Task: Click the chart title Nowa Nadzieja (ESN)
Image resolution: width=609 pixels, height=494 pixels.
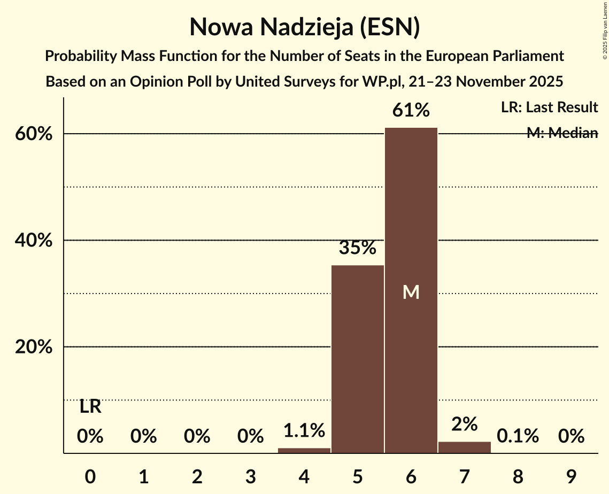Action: click(304, 27)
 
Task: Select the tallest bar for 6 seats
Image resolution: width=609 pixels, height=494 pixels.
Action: click(411, 214)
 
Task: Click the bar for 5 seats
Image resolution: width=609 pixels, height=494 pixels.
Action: click(358, 359)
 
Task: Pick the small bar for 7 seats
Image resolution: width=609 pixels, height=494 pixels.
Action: click(464, 447)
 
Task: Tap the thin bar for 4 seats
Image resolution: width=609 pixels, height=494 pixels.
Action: click(304, 450)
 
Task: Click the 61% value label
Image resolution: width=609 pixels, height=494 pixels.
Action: click(411, 110)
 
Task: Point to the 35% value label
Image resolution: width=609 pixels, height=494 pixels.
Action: click(358, 248)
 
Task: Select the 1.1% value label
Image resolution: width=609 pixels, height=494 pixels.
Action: click(304, 430)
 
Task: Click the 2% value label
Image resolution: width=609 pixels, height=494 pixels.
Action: click(464, 424)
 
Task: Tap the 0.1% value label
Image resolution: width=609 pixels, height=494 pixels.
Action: click(518, 436)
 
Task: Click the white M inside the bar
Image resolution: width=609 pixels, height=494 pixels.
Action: click(411, 292)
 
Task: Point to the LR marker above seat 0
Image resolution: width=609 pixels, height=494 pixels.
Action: click(90, 407)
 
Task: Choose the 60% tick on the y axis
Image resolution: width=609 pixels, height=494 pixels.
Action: click(34, 134)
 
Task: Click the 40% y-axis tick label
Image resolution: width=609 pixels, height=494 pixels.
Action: click(34, 241)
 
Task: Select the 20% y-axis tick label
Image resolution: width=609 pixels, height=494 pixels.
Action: click(34, 347)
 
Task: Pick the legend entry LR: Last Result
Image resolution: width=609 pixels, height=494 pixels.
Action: click(549, 107)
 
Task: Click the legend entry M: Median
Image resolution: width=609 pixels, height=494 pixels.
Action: click(562, 133)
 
